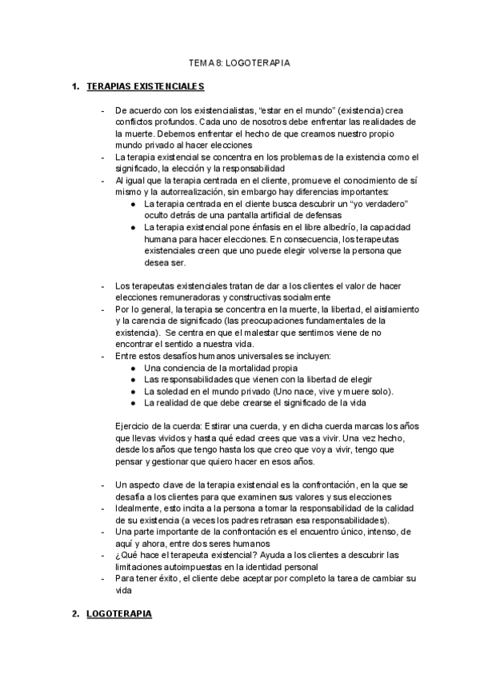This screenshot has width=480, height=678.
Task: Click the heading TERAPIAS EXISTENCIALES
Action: pyautogui.click(x=145, y=86)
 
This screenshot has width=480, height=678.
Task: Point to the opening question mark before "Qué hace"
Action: pyautogui.click(x=118, y=555)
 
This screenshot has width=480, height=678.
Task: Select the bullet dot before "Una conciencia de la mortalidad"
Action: pyautogui.click(x=133, y=368)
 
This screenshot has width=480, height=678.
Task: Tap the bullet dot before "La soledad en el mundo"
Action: pyautogui.click(x=133, y=391)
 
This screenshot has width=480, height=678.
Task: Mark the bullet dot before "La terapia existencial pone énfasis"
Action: pyautogui.click(x=133, y=228)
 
